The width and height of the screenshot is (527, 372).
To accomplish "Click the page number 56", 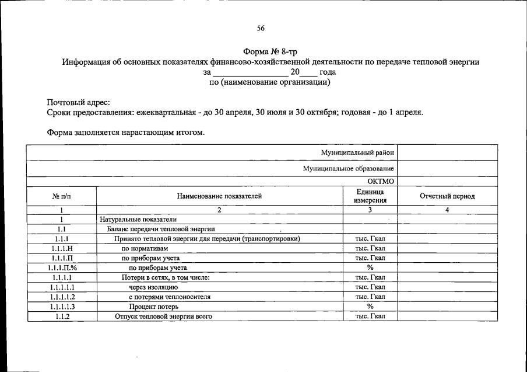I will tap(261, 28).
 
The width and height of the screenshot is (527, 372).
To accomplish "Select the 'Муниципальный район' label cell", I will tap(357, 152).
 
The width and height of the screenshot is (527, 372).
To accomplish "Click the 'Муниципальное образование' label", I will tap(348, 168).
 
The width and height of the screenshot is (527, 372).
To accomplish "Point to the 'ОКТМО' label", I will tap(381, 181).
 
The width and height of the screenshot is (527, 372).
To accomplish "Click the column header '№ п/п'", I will tap(61, 196).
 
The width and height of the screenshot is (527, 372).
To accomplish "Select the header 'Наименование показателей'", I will tap(219, 196).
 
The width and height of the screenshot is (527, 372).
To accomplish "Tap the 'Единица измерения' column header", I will tap(370, 196).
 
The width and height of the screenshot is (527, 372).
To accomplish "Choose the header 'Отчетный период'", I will tap(447, 196).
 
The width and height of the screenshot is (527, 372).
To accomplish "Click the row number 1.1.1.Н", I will tap(61, 248).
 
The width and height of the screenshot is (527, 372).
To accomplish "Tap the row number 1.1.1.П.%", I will tap(61, 267).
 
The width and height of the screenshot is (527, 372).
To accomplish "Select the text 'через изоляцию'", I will tap(153, 287).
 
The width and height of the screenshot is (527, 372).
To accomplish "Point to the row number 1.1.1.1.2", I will tap(61, 297).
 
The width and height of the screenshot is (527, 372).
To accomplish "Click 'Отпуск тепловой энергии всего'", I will tap(163, 317).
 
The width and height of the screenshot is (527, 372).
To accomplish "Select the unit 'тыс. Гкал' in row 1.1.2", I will tap(370, 317).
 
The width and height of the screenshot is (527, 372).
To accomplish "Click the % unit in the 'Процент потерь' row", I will tap(370, 307).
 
